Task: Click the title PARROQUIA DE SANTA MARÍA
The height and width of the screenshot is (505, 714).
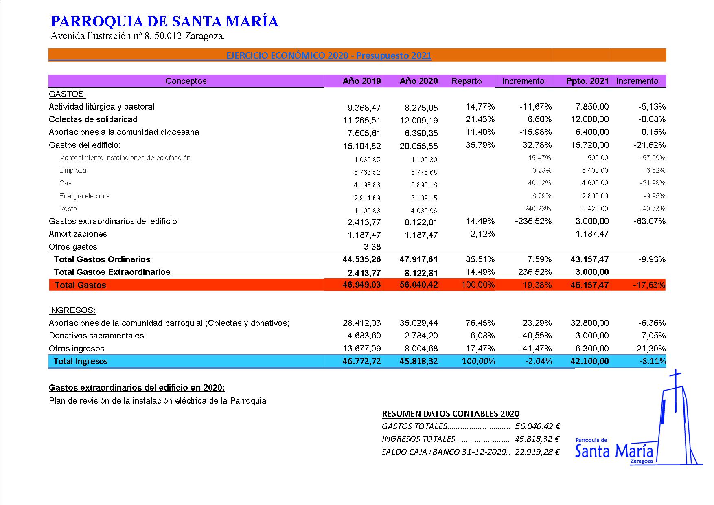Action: click(x=164, y=21)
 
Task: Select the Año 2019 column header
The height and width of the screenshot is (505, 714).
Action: click(x=361, y=81)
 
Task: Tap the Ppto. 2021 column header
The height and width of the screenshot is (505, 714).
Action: click(x=587, y=81)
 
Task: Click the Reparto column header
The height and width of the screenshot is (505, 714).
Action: click(x=467, y=81)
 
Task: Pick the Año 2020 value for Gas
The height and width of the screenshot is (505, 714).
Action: click(x=424, y=185)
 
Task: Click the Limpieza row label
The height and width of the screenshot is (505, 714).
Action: click(x=72, y=170)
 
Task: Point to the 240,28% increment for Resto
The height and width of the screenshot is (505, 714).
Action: click(x=537, y=209)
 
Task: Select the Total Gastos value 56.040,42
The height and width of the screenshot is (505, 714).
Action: click(x=418, y=285)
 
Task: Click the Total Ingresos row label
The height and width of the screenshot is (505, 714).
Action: click(x=81, y=361)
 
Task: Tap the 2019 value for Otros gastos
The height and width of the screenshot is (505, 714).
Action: click(x=372, y=247)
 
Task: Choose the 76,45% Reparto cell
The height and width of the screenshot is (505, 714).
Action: click(x=480, y=323)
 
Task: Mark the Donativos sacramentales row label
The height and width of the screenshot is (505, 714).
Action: click(x=96, y=336)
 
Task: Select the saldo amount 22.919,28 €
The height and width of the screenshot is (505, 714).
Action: click(x=537, y=452)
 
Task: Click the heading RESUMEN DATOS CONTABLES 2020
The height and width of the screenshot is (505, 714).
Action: click(x=450, y=414)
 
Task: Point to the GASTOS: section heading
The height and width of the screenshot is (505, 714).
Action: click(x=67, y=94)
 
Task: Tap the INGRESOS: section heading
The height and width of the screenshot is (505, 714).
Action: click(x=72, y=310)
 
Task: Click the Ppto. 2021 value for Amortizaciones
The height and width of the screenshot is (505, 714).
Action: click(x=592, y=234)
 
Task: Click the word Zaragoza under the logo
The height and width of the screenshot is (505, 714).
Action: click(x=641, y=462)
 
